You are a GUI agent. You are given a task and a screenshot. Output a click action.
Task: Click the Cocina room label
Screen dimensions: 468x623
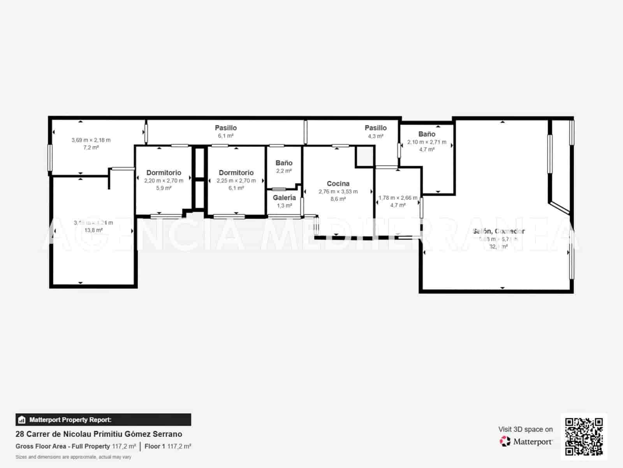(x=338, y=183)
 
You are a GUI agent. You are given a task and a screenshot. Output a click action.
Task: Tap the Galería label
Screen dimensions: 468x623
(x=284, y=197)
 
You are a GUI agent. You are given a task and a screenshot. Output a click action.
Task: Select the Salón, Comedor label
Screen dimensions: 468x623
(x=498, y=231)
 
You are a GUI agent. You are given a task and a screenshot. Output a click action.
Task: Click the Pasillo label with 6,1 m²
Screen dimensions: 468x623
(x=226, y=128)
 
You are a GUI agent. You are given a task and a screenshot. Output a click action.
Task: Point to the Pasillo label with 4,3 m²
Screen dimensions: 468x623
(x=375, y=128)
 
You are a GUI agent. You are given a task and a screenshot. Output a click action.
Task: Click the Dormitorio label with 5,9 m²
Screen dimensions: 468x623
(x=164, y=172)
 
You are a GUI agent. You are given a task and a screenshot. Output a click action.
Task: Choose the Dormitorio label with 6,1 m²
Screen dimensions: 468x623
(x=236, y=172)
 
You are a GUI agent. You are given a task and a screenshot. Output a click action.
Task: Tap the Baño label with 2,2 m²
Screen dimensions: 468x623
(x=284, y=163)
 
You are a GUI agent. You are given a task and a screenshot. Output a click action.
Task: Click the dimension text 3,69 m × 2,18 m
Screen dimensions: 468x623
(x=91, y=140)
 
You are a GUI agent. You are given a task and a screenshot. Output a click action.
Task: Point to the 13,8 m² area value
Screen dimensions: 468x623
(x=93, y=230)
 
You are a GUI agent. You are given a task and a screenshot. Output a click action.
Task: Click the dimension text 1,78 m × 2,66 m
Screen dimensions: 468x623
(x=398, y=198)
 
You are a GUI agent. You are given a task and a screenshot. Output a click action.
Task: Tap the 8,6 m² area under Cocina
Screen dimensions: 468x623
(x=338, y=199)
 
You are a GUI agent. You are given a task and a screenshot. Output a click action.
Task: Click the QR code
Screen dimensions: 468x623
(x=584, y=436)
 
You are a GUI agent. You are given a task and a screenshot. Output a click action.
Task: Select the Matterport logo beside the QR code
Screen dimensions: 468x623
(x=526, y=441)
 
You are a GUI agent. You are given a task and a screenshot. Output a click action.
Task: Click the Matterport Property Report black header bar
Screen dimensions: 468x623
(x=103, y=420)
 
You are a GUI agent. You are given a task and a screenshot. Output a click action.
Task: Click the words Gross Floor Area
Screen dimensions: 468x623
(x=41, y=446)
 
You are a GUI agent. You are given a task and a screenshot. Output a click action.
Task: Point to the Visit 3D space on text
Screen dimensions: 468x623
(x=525, y=429)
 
